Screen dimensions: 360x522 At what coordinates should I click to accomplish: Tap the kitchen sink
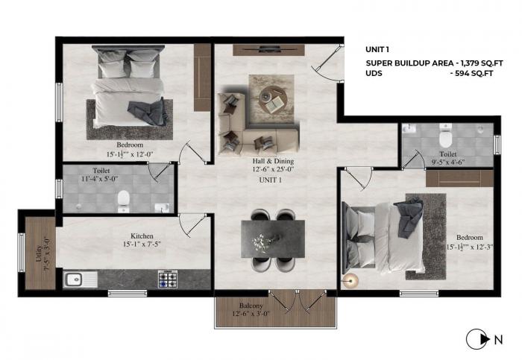(74, 280)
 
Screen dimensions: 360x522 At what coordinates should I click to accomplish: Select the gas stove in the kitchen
(166, 280)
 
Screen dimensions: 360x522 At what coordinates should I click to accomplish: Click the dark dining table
(272, 238)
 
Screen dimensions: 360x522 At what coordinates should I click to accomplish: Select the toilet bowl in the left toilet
(125, 199)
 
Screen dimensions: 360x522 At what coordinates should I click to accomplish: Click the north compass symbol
(475, 341)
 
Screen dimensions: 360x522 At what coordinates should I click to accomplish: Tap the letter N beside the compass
(497, 341)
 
